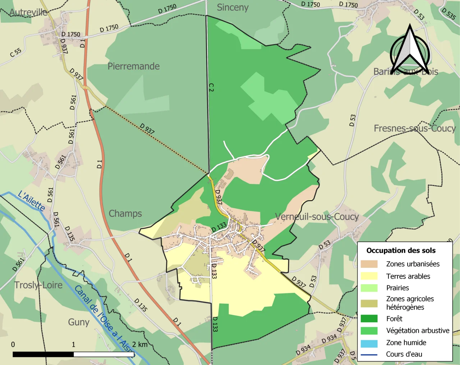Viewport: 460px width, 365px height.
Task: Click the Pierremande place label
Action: (133, 66)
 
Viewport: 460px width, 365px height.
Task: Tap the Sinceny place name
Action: (233, 7)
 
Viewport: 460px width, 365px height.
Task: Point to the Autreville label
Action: (28, 13)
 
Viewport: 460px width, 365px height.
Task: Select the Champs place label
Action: (125, 214)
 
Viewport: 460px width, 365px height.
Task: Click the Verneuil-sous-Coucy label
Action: (317, 216)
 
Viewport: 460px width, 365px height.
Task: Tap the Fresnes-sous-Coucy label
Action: (414, 128)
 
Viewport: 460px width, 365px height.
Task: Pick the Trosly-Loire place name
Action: (38, 285)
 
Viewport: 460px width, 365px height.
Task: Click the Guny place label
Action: (79, 322)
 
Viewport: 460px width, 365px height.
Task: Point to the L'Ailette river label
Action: (32, 201)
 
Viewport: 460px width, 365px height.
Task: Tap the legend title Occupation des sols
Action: (401, 251)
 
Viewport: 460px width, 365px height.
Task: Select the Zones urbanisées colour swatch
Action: (369, 264)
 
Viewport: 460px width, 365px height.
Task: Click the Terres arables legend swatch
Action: (369, 276)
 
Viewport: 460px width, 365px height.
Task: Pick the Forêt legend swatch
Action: (369, 319)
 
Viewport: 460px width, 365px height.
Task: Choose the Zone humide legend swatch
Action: (369, 343)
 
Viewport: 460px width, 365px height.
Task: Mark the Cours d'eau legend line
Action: (369, 355)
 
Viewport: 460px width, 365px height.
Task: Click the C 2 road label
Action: (211, 87)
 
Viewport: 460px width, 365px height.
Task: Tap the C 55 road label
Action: (15, 53)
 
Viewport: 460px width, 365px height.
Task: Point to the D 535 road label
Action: (449, 14)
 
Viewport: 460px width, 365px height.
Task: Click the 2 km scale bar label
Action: (139, 345)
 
